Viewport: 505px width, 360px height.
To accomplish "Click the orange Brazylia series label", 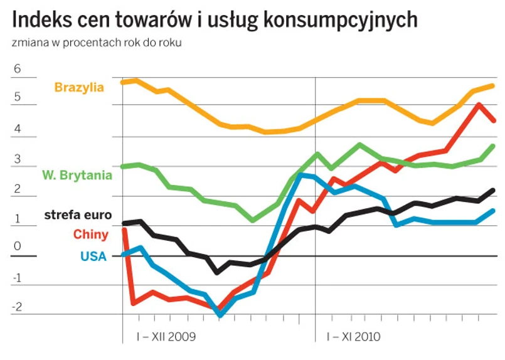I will (79, 87).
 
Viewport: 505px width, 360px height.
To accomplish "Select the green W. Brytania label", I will (77, 175).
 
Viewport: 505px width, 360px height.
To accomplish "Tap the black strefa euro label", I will (78, 215).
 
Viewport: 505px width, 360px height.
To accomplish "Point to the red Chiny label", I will (91, 235).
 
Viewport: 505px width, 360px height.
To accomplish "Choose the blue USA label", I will (93, 255).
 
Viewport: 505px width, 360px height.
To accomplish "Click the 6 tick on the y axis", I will (17, 70).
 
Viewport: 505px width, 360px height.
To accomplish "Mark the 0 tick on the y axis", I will (17, 246).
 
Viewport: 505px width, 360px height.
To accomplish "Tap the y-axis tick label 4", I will (17, 129).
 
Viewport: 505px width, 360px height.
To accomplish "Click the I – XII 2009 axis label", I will (166, 337).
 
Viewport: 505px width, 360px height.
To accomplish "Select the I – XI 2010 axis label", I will (353, 337).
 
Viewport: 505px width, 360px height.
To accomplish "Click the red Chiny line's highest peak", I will (479, 105).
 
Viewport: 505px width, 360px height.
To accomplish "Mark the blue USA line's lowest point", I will (220, 314).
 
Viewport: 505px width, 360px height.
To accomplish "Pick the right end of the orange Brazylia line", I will (493, 86).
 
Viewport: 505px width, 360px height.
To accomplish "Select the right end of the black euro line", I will (493, 190).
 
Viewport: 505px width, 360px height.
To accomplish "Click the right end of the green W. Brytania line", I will (493, 146).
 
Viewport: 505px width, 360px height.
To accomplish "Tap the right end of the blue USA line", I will (493, 211).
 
